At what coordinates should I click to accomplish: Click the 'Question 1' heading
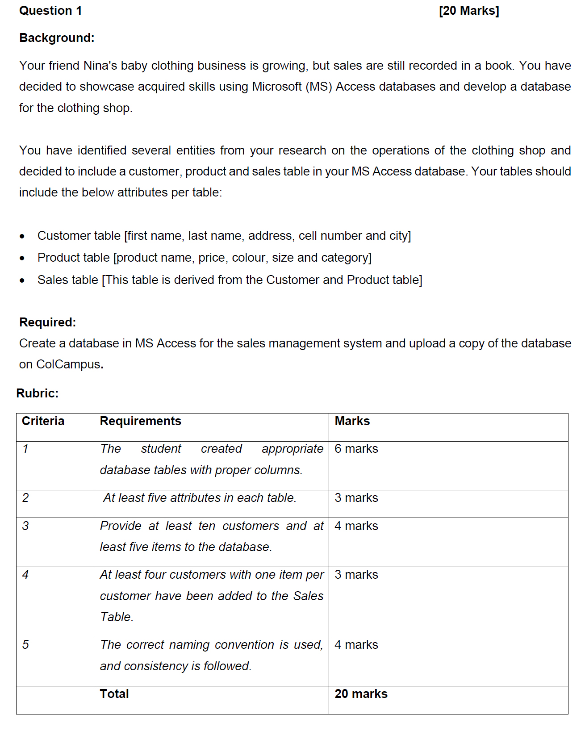(50, 11)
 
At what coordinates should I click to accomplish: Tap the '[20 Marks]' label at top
(469, 11)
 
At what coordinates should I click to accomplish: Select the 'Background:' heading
(57, 38)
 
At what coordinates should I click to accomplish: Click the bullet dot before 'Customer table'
(22, 236)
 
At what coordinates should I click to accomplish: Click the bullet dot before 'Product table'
(22, 258)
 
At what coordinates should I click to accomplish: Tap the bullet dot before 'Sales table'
(22, 280)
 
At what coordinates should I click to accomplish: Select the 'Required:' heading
(48, 322)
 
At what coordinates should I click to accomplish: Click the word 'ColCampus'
(68, 364)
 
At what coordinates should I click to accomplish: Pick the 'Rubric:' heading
(38, 393)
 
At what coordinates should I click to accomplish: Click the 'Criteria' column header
(43, 421)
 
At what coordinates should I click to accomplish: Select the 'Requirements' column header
(141, 421)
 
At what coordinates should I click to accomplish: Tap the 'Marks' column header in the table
(352, 421)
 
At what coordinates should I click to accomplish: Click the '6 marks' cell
(356, 449)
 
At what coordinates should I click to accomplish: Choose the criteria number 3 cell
(25, 526)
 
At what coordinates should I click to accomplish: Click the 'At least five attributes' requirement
(200, 498)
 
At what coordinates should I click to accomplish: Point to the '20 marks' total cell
(361, 694)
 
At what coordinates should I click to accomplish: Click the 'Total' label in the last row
(114, 694)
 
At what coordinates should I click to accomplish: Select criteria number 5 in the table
(25, 645)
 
